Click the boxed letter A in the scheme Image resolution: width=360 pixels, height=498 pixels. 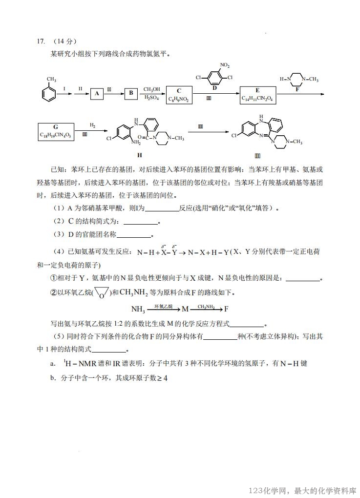click(x=97, y=94)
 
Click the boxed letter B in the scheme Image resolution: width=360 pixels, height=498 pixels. click(x=130, y=94)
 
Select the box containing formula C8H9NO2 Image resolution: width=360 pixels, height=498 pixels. click(x=179, y=95)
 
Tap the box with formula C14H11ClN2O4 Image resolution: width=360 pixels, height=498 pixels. click(x=257, y=94)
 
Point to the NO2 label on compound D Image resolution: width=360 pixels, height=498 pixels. click(x=225, y=65)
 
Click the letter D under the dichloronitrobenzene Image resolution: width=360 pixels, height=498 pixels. click(x=214, y=88)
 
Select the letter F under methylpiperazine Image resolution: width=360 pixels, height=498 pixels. click(x=297, y=90)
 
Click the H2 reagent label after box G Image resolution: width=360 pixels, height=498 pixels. click(x=92, y=125)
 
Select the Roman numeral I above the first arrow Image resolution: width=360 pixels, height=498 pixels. click(x=64, y=88)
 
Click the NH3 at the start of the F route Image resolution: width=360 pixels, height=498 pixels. click(x=138, y=309)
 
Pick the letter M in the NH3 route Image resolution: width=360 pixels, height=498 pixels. click(x=185, y=309)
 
